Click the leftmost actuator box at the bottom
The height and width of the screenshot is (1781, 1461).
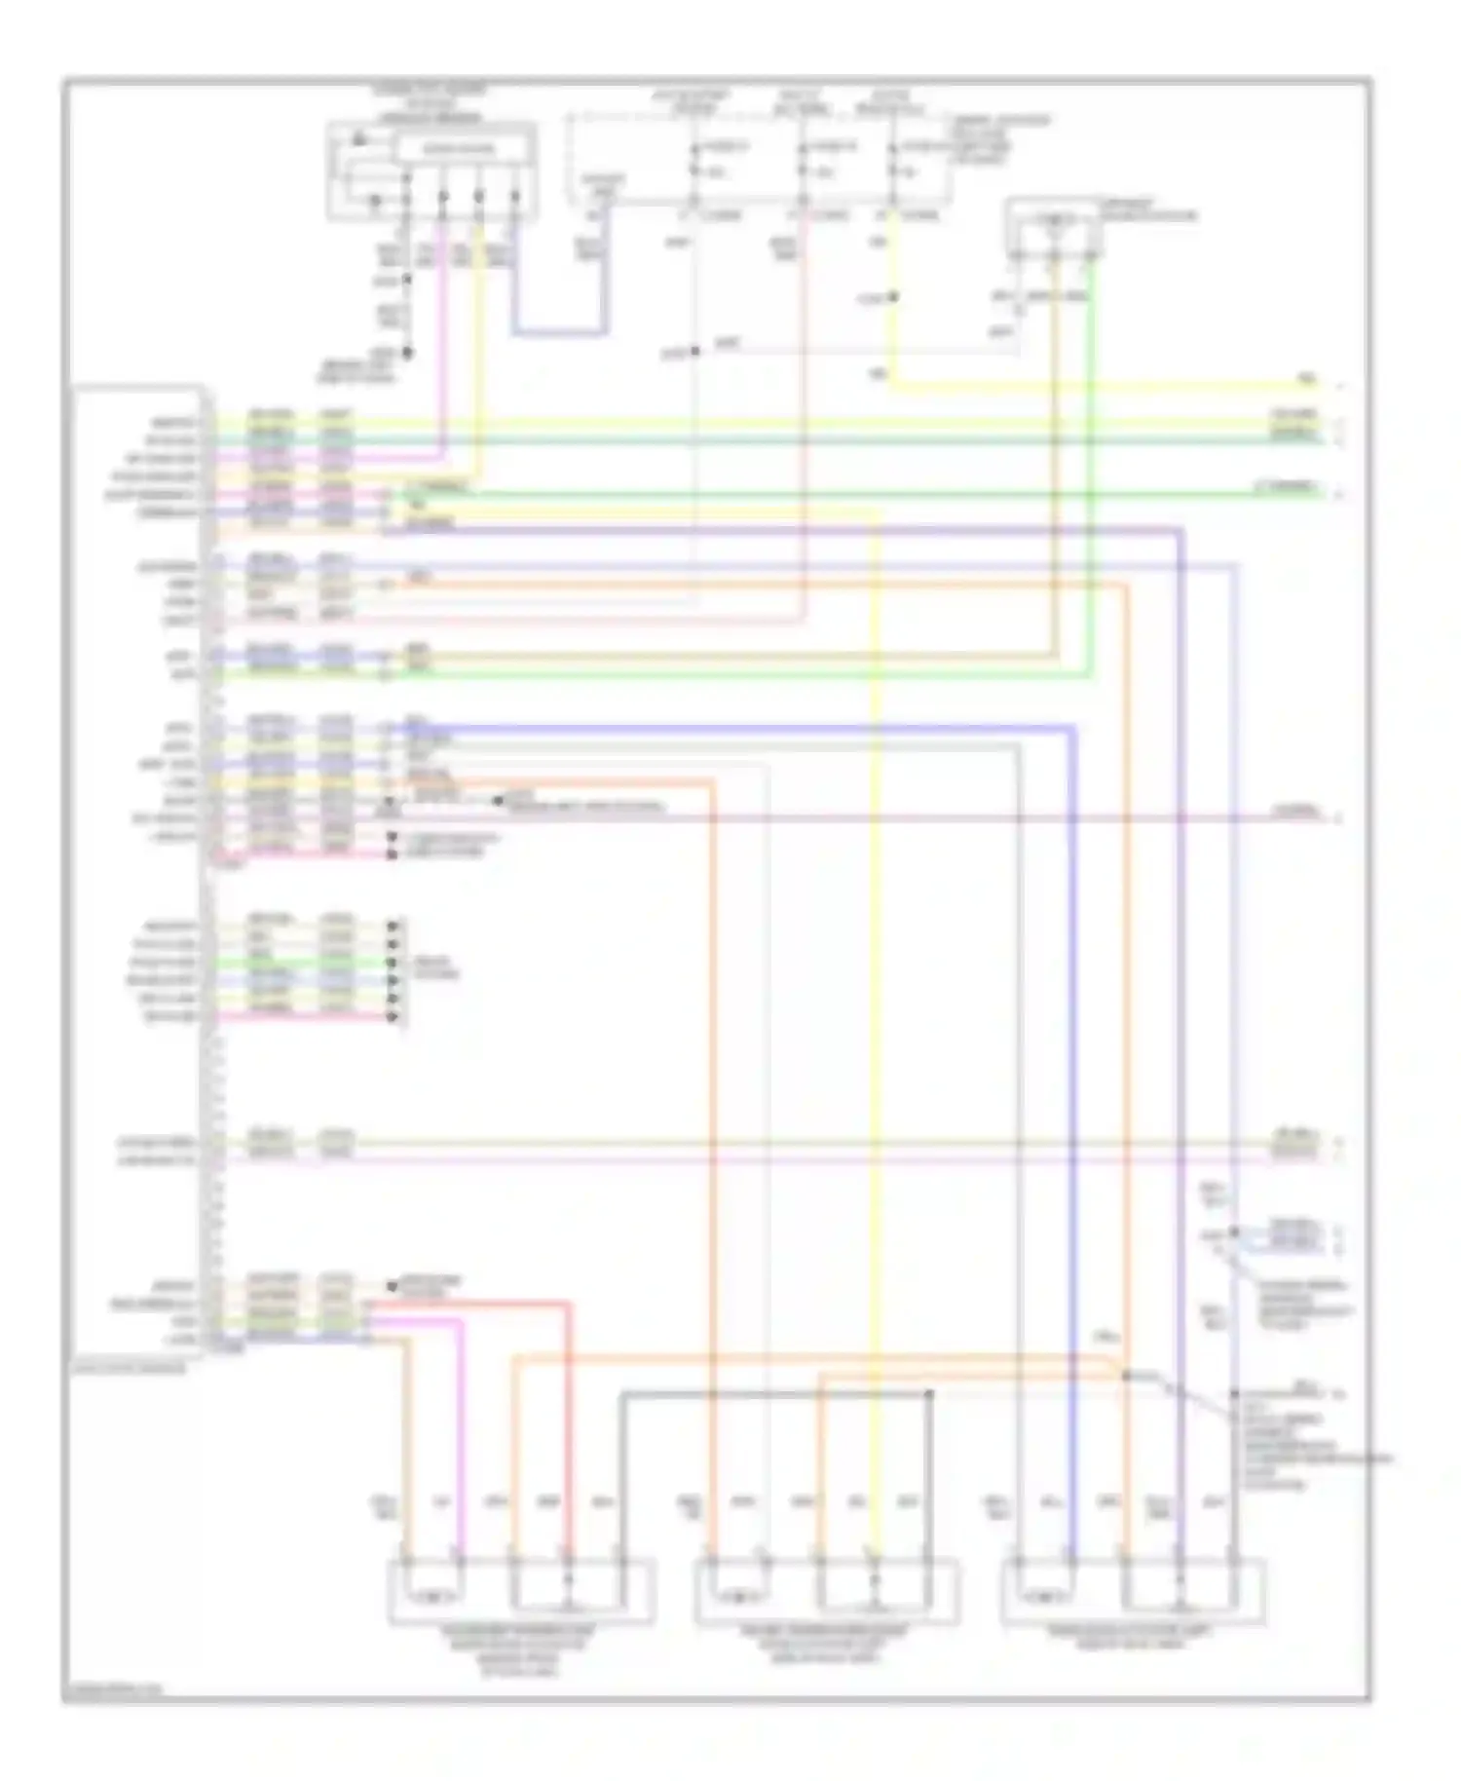coord(521,1590)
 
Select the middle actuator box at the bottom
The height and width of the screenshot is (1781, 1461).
coord(826,1590)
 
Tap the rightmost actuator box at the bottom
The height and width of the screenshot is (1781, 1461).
coord(1133,1590)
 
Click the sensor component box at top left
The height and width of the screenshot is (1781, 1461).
coord(431,171)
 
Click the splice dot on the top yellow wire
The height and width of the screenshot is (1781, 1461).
coord(893,297)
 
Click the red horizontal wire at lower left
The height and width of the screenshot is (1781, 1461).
coord(468,1303)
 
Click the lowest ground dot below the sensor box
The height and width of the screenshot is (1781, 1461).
coord(407,353)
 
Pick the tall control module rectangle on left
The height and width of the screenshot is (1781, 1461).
coord(136,867)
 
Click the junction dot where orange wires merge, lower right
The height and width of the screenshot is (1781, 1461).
coord(1125,1376)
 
